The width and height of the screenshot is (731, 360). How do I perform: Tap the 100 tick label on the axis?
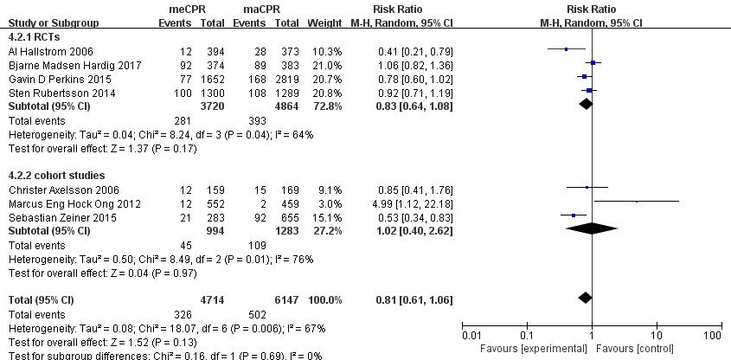(x=713, y=335)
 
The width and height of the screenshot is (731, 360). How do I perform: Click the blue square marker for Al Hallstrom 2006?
(x=566, y=49)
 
